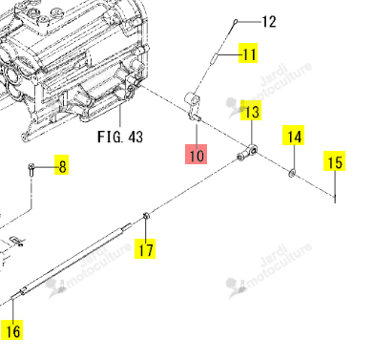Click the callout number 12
(x=269, y=22)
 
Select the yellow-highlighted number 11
(x=248, y=53)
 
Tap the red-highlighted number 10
(x=197, y=155)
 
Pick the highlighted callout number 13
(x=252, y=111)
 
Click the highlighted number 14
(x=294, y=136)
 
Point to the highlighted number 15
(x=335, y=161)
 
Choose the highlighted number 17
(x=145, y=248)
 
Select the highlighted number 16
(x=12, y=330)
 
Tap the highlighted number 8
(x=62, y=165)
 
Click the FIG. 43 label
(x=120, y=137)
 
